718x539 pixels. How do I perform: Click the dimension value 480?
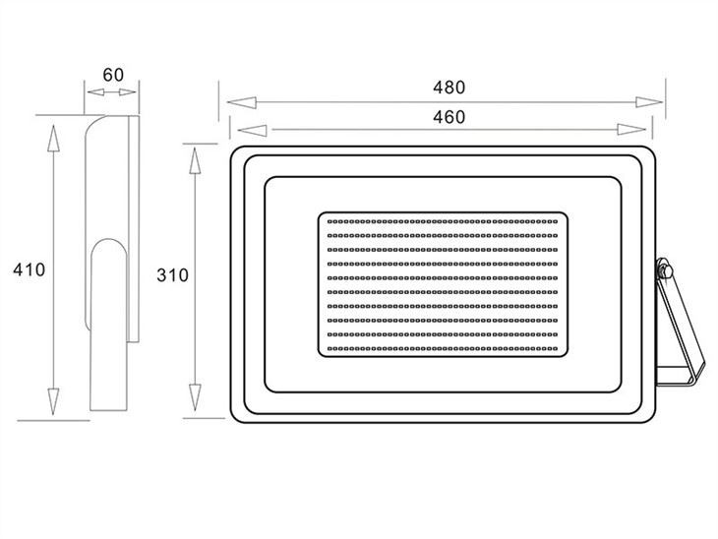449,87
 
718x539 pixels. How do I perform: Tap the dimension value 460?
449,117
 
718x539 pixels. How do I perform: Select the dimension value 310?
173,275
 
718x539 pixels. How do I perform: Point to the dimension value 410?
30,269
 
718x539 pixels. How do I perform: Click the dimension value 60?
113,75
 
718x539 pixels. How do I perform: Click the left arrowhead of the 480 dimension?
241,102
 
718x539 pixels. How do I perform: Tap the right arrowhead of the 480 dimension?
649,102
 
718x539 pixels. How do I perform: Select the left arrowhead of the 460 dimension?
252,131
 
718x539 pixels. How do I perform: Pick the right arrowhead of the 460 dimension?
631,130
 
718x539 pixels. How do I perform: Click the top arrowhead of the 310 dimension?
195,160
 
